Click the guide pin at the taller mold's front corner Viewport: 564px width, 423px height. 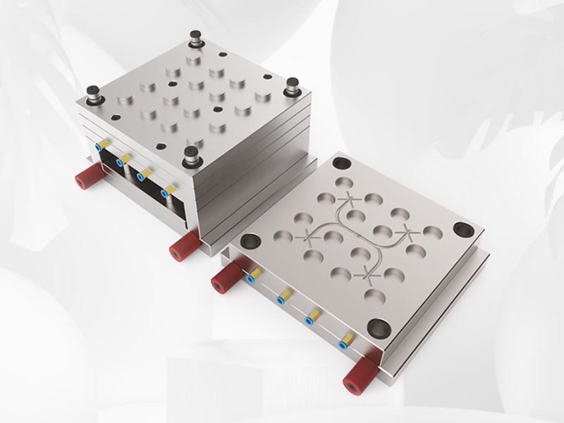(190, 157)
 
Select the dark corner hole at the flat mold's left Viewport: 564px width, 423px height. (250, 240)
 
